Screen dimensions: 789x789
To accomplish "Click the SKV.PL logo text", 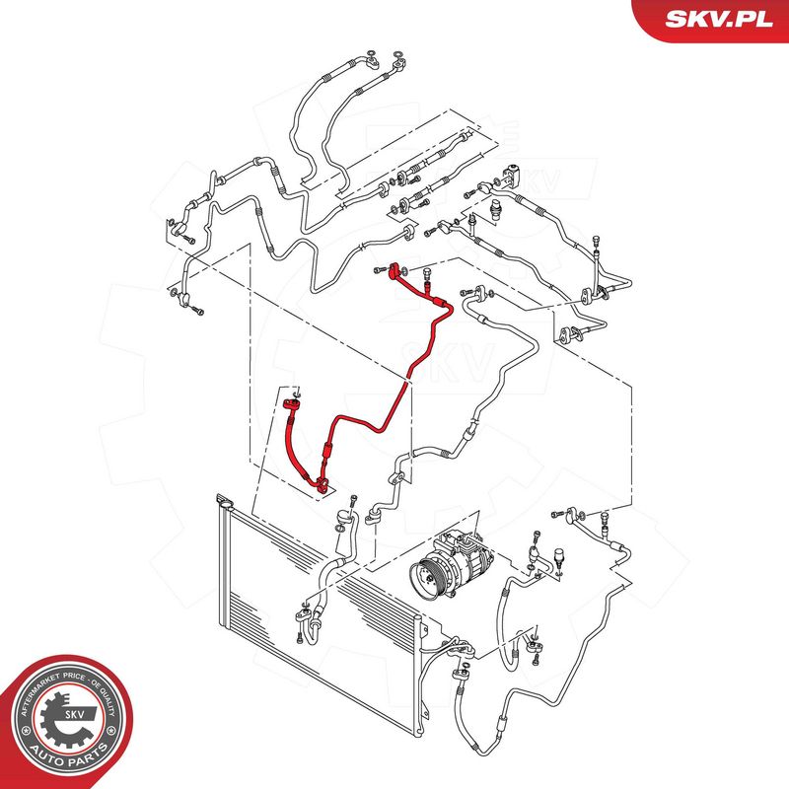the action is pos(719,19).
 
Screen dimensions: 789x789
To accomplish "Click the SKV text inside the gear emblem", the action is pos(74,714).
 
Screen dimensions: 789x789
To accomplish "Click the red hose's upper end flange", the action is pos(395,269).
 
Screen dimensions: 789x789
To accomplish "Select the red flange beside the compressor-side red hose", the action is pos(291,403).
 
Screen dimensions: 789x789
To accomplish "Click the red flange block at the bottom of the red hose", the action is pos(323,485).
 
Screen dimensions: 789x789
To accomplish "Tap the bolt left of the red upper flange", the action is pos(380,270).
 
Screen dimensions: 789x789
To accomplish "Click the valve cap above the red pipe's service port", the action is pos(428,272).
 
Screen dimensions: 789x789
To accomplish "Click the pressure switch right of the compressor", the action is pos(558,557).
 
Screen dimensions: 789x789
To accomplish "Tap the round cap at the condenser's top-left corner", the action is pos(226,502).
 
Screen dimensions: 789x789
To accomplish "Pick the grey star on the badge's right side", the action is pos(116,730).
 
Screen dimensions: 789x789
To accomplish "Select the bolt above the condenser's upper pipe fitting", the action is pos(354,500).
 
